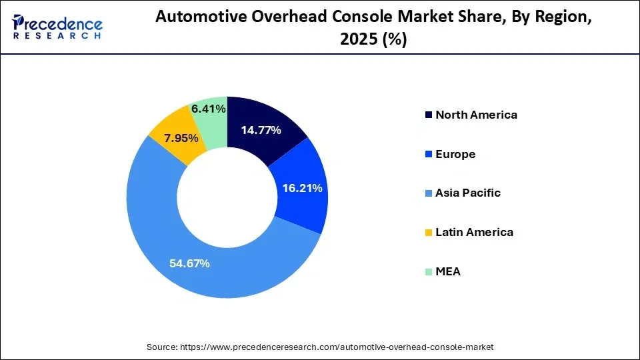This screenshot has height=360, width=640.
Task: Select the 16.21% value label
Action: click(x=302, y=189)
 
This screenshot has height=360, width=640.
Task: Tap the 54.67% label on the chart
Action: click(x=190, y=263)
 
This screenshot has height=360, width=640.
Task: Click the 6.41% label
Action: click(x=208, y=108)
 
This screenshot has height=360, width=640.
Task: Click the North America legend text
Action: click(x=476, y=115)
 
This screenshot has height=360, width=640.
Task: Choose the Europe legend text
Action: click(x=455, y=154)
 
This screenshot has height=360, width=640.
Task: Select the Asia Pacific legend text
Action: click(x=468, y=193)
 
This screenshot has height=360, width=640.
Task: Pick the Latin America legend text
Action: click(x=474, y=232)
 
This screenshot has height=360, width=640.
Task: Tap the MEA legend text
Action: click(x=448, y=271)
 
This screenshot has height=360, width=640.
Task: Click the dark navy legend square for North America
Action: click(x=427, y=115)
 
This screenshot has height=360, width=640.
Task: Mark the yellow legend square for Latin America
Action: click(x=427, y=233)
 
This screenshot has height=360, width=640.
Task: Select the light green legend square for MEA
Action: click(x=427, y=272)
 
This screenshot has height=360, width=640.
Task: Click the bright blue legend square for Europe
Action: click(x=427, y=155)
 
